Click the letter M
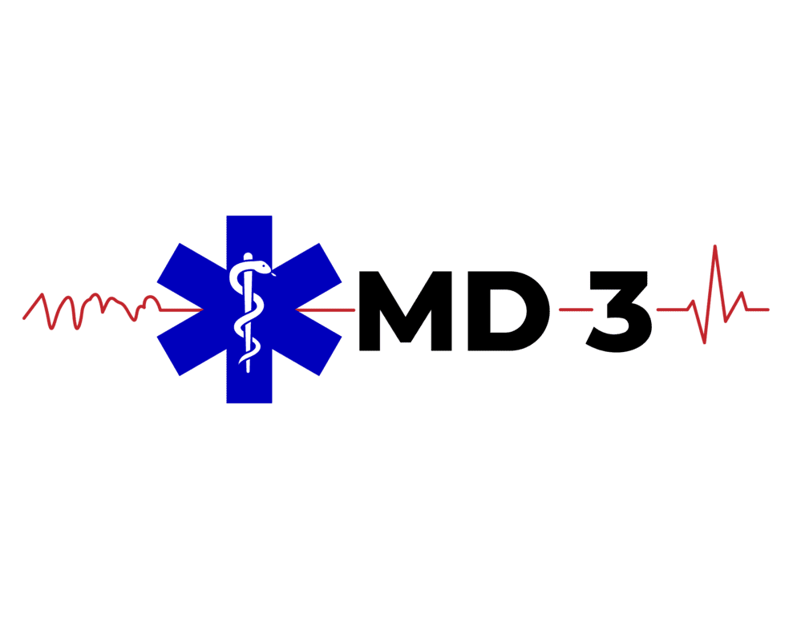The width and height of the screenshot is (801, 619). tap(408, 310)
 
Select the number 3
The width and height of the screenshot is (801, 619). tap(617, 310)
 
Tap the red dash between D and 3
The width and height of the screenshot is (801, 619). tap(570, 309)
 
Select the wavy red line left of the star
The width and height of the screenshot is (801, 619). tap(88, 308)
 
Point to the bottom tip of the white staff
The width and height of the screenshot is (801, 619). tap(249, 370)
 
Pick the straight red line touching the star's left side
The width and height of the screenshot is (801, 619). tap(180, 309)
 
